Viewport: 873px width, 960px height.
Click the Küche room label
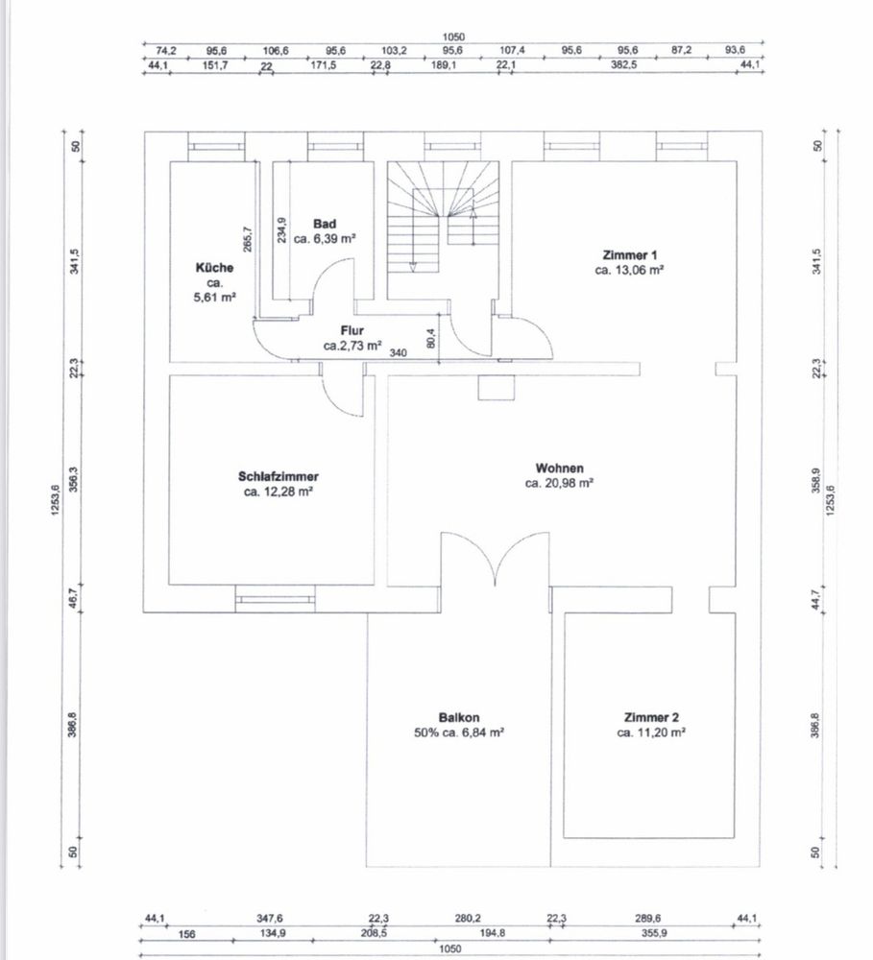[x=214, y=268]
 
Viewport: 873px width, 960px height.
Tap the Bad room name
[x=325, y=224]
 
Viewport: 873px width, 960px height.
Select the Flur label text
[x=352, y=330]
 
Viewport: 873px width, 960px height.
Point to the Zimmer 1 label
[x=630, y=255]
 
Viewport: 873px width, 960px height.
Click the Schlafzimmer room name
[x=279, y=476]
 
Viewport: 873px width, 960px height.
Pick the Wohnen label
[x=559, y=468]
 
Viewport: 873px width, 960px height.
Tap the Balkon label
[x=459, y=717]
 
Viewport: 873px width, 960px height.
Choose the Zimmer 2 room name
[x=651, y=717]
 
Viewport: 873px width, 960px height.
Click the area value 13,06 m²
[x=640, y=270]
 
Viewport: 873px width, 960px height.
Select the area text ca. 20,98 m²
[x=559, y=483]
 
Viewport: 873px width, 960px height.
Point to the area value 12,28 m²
[x=287, y=492]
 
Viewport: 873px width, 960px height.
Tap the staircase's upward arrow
[x=473, y=227]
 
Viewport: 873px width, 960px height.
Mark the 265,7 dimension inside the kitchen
[x=247, y=239]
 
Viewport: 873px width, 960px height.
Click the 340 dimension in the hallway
[x=399, y=353]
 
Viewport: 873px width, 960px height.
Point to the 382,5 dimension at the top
[x=623, y=63]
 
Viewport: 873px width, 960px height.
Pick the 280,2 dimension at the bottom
[x=468, y=919]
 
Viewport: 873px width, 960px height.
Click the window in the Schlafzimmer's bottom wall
[x=275, y=599]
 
